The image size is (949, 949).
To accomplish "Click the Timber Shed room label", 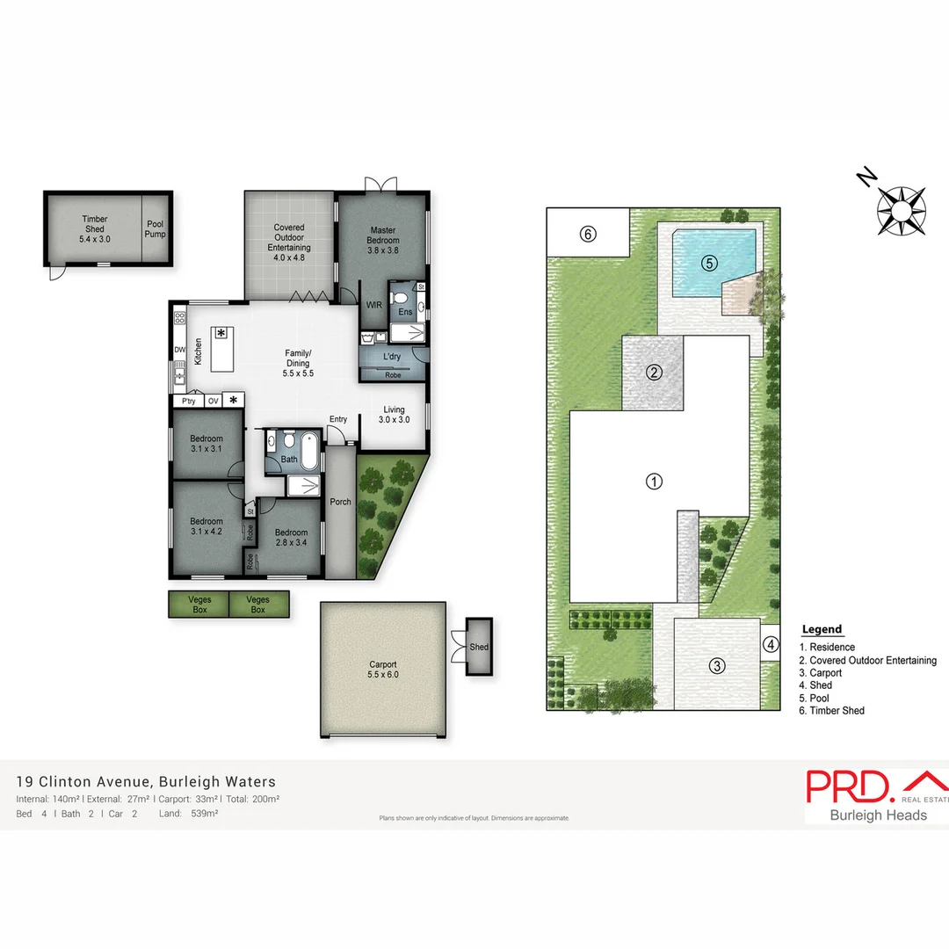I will (94, 228).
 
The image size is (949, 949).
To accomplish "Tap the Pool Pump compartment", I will (156, 229).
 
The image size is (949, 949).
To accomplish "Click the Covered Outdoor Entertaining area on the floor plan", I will (289, 238).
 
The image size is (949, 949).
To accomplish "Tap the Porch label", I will (340, 503).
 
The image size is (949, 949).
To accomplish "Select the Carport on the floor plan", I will (383, 670).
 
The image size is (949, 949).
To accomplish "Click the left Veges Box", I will (199, 605).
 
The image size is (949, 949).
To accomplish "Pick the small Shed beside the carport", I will (479, 647).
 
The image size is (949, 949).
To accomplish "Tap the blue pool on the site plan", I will (714, 261).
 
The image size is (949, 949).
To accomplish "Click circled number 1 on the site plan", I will (654, 482).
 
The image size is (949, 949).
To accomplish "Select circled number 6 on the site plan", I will (588, 234).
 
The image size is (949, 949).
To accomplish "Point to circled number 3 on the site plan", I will (718, 665).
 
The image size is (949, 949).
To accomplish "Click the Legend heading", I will (822, 629).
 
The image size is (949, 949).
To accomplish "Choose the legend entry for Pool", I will (820, 698).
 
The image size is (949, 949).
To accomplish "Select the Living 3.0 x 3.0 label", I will (395, 415).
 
